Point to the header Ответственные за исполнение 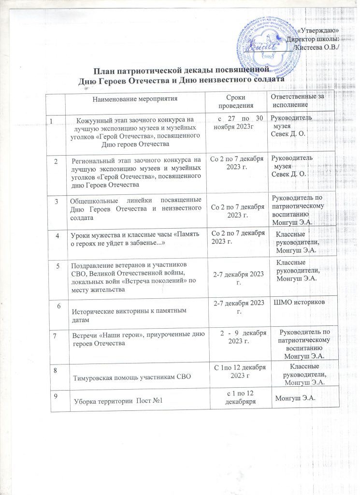coord(297,100)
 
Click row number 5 coord(58,265)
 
